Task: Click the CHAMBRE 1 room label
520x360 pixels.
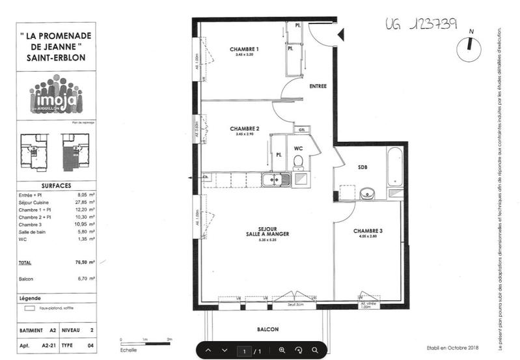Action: pyautogui.click(x=244, y=50)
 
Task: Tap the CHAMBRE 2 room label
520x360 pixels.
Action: pyautogui.click(x=244, y=129)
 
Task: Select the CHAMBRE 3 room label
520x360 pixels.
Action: pyautogui.click(x=369, y=231)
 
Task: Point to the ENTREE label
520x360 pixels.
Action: pyautogui.click(x=318, y=86)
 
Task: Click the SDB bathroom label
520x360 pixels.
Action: pyautogui.click(x=363, y=167)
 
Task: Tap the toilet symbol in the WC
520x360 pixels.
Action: pyautogui.click(x=299, y=161)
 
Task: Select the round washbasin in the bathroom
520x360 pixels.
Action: pyautogui.click(x=367, y=193)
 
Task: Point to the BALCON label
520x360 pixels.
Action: pyautogui.click(x=268, y=330)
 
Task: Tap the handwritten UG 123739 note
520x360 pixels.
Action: pyautogui.click(x=420, y=24)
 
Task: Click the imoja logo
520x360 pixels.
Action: pyautogui.click(x=56, y=96)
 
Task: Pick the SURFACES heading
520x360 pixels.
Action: pyautogui.click(x=56, y=186)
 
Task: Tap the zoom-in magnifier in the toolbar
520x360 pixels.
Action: pyautogui.click(x=282, y=350)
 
